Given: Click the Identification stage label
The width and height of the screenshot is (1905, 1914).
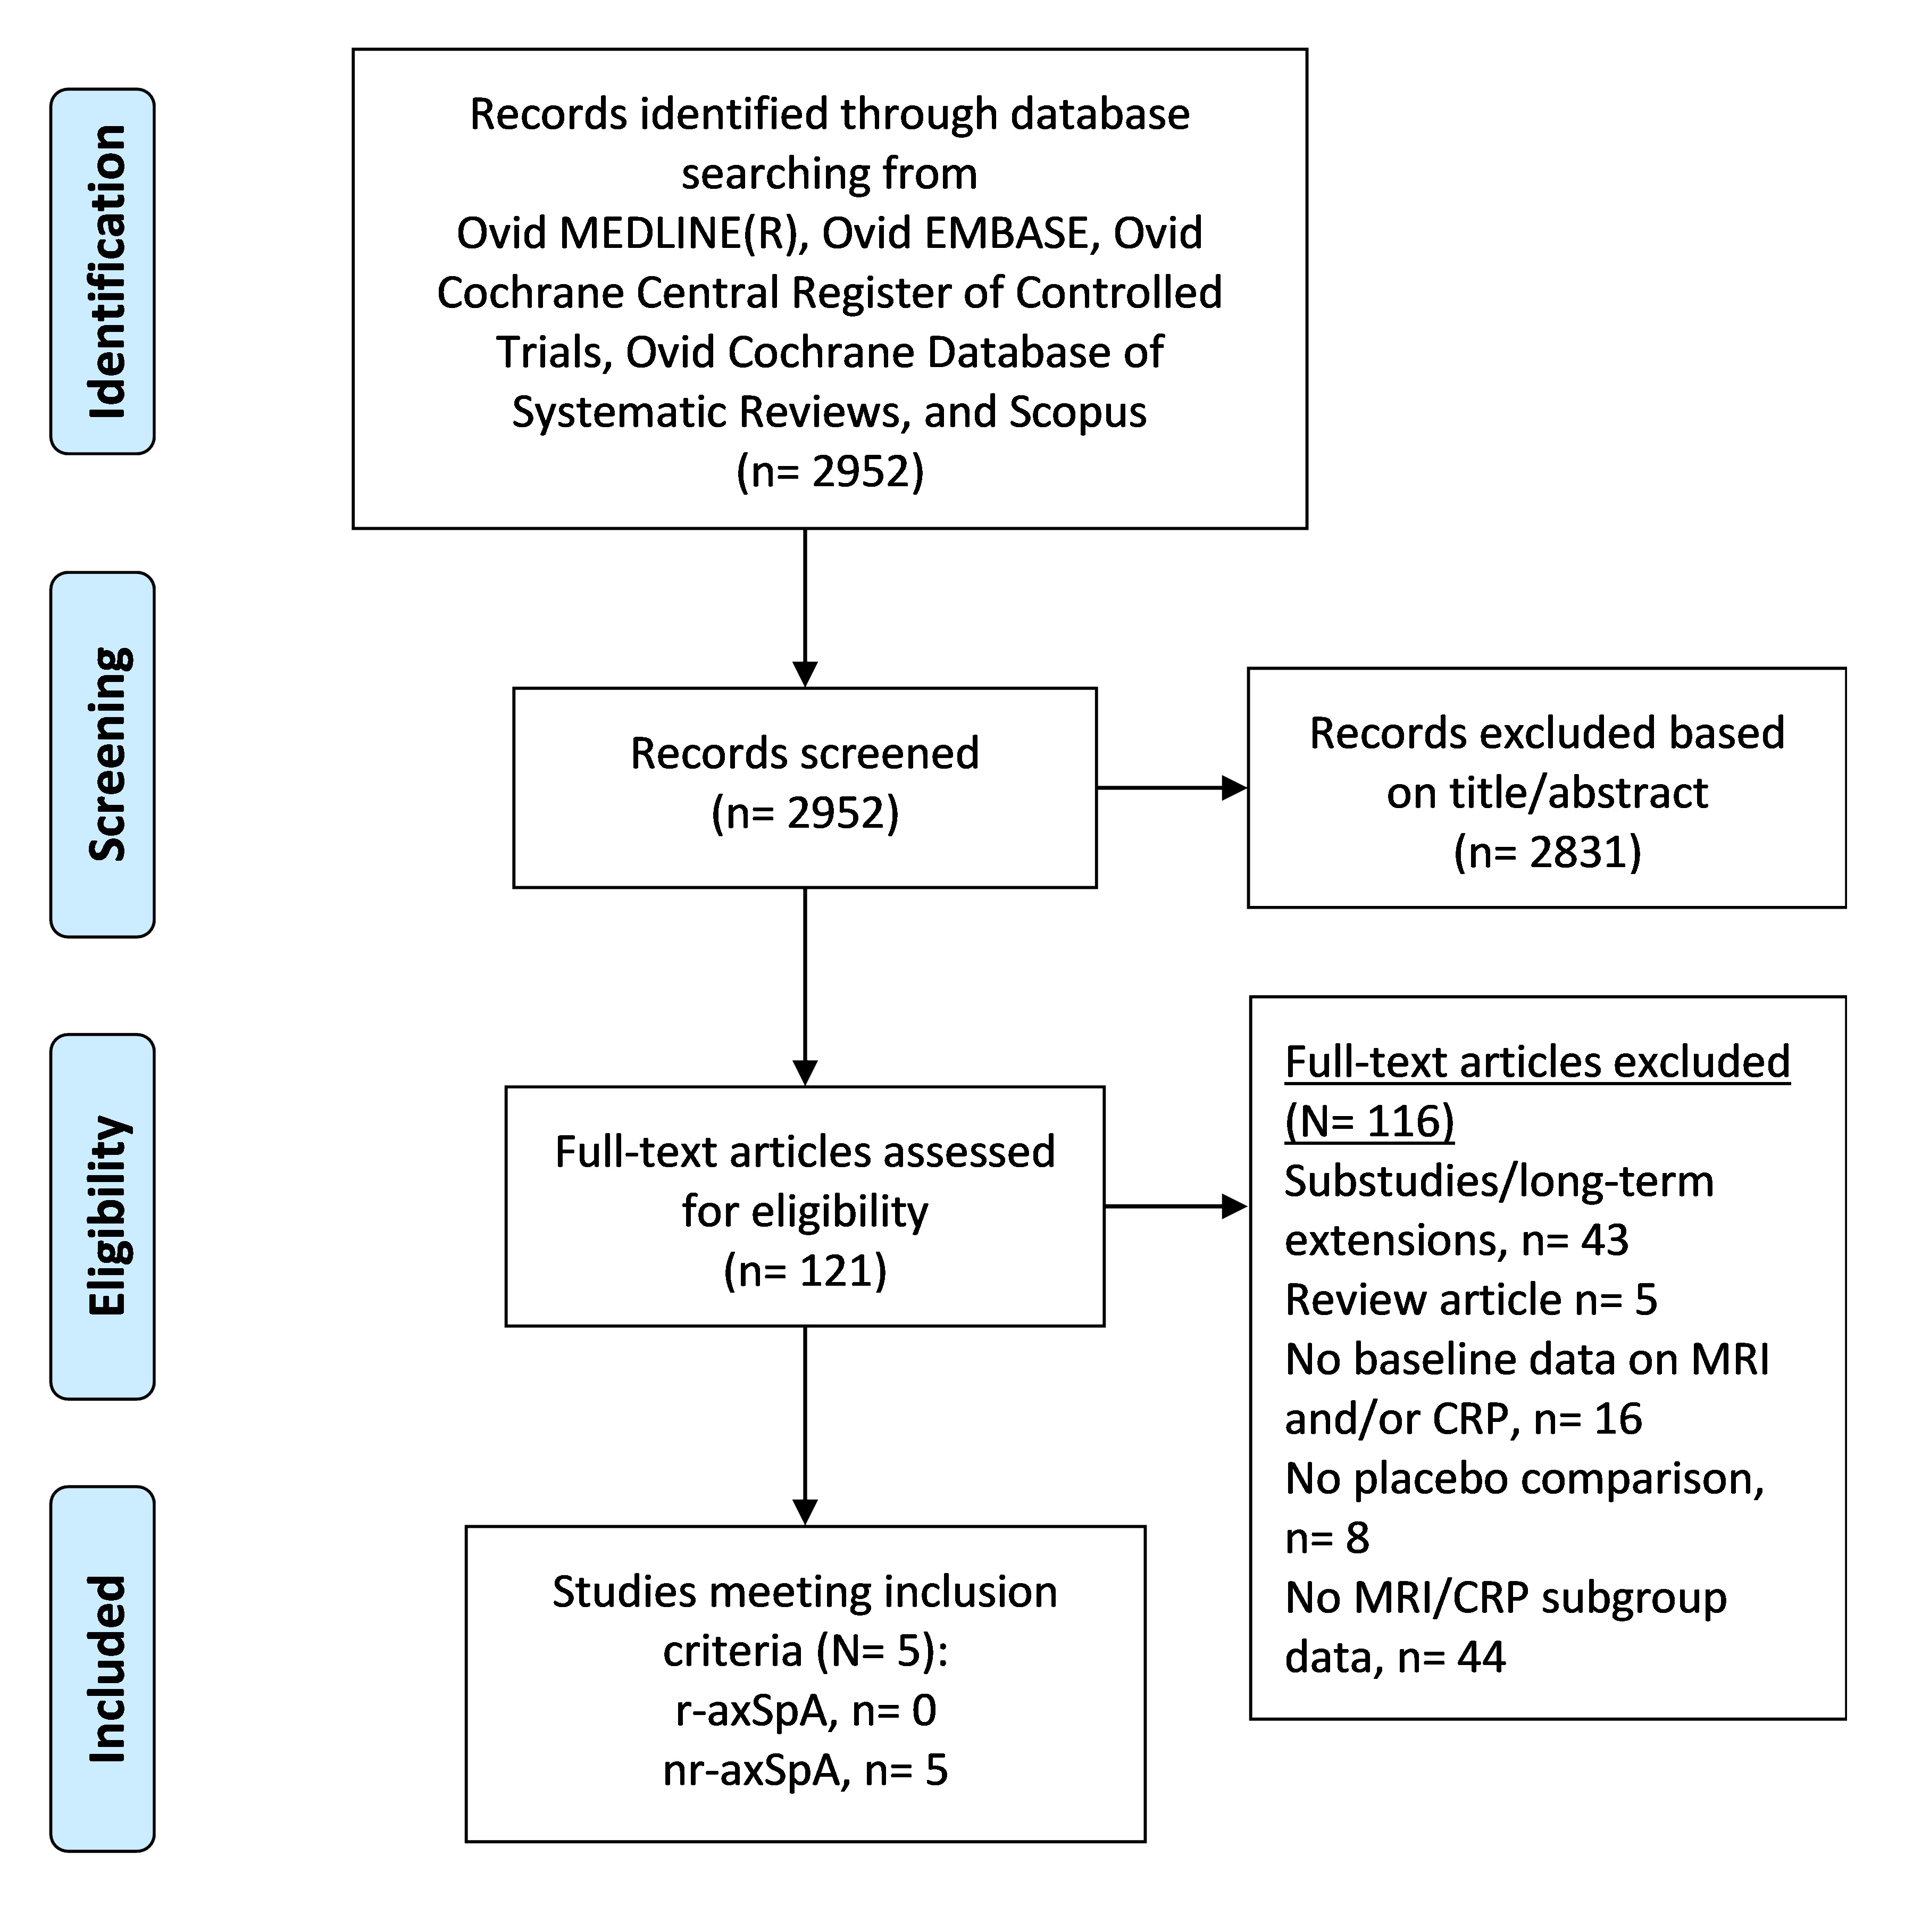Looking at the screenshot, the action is point(107,271).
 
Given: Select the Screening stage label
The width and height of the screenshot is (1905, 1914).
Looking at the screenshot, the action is point(107,754).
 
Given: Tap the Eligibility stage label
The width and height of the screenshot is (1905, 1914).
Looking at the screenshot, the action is point(107,1217).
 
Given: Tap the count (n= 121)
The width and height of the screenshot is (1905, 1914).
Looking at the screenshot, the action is point(805,1271).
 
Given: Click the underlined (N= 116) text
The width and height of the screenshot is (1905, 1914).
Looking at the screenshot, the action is point(1369,1121).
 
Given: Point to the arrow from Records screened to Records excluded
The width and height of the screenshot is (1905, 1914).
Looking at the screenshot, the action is point(1172,788).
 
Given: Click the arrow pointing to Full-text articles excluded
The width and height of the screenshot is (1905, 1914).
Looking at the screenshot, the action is point(1176,1206).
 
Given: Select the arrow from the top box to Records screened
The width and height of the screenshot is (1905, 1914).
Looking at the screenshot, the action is point(805,608).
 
